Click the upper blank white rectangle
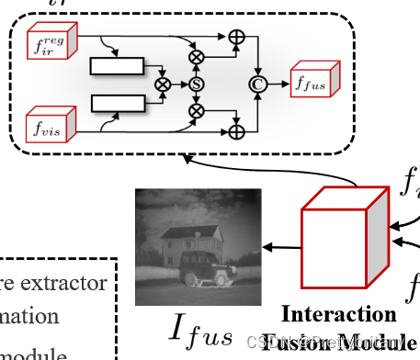pos(117,65)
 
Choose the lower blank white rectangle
pos(117,99)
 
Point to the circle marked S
pos(196,84)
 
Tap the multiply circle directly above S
pos(196,56)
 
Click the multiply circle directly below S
pos(196,111)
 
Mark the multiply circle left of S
pos(164,83)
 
